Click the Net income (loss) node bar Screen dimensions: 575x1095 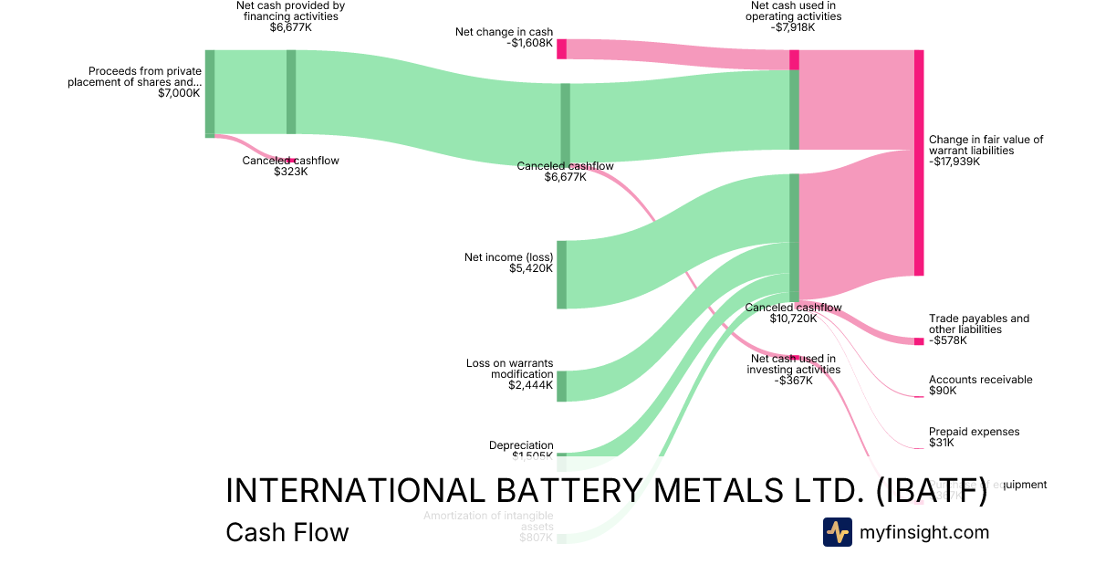(x=561, y=275)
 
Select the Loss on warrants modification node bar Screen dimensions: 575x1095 (x=561, y=386)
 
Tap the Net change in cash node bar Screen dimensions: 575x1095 (x=561, y=49)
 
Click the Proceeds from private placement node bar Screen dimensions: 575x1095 (x=210, y=94)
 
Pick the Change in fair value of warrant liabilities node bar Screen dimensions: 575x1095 (x=919, y=162)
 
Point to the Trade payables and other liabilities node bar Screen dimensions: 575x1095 (x=919, y=341)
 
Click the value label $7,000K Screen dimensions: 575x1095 (x=179, y=93)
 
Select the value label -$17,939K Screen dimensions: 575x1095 (x=954, y=162)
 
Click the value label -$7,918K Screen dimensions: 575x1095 (x=792, y=27)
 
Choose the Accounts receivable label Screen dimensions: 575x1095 (x=980, y=380)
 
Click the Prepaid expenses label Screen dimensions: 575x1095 (x=974, y=432)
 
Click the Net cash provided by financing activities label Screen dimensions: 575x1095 (x=290, y=11)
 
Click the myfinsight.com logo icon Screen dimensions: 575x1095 (x=837, y=532)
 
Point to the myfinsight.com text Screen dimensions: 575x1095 (x=924, y=532)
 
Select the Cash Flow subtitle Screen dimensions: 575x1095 (x=287, y=532)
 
